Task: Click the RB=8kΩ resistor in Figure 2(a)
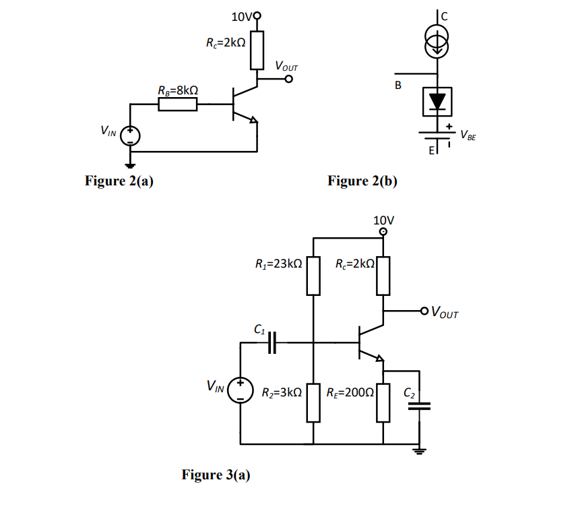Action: pos(177,104)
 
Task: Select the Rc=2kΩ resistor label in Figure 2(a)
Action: pos(226,42)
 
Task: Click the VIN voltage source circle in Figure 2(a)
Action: pos(130,135)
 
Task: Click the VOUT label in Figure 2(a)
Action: pos(286,66)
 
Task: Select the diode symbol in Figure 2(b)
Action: pos(438,101)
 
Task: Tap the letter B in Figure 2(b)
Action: pos(398,86)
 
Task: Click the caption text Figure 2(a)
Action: pos(119,181)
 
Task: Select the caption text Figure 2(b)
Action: pos(362,181)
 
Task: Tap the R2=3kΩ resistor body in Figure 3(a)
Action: pos(313,402)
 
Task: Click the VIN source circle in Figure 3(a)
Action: pos(241,390)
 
